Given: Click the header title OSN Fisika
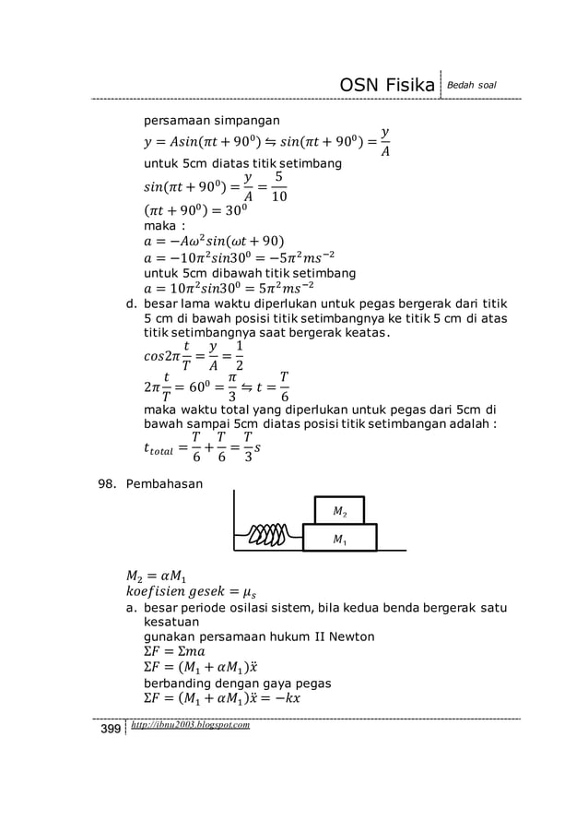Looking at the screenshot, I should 388,86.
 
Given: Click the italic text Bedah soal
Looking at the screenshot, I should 473,86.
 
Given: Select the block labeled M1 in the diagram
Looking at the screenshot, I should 339,537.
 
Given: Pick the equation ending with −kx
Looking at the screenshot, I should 221,698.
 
